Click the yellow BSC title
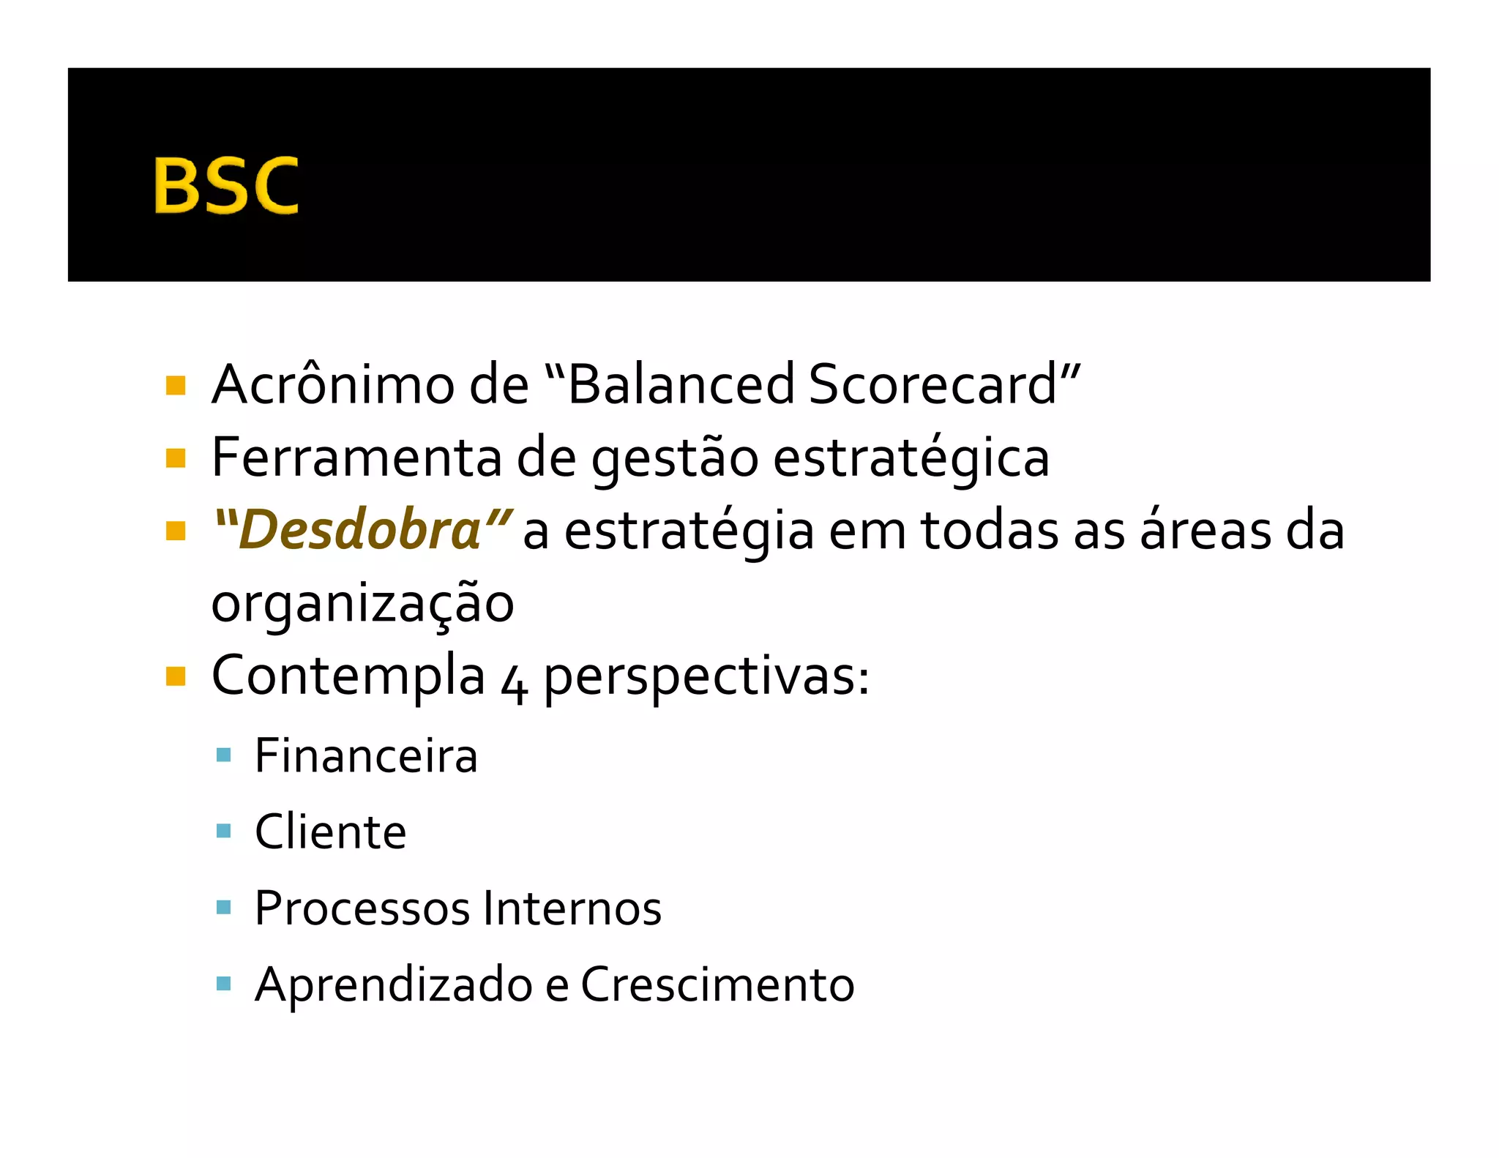point(225,185)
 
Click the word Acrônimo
point(332,385)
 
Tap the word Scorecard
point(933,385)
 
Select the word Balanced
point(681,385)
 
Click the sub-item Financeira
point(366,756)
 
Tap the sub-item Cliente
point(330,832)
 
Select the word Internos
point(572,908)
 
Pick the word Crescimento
point(717,985)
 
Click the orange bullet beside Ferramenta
point(176,458)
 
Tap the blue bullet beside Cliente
point(224,831)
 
